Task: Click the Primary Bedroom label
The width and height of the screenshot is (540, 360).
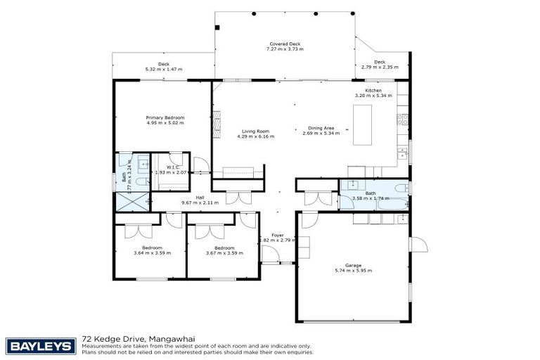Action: pyautogui.click(x=165, y=117)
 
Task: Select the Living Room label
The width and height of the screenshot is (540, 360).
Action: pyautogui.click(x=256, y=131)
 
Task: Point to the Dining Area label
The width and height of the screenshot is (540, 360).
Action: pyautogui.click(x=319, y=129)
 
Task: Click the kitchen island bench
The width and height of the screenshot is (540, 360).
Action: pyautogui.click(x=364, y=124)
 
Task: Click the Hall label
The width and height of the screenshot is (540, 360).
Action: pyautogui.click(x=200, y=198)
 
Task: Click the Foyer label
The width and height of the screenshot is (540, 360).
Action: pyautogui.click(x=277, y=236)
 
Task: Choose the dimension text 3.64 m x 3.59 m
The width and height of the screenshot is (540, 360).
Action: pyautogui.click(x=152, y=253)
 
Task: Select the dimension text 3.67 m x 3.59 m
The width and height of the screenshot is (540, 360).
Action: pyautogui.click(x=224, y=253)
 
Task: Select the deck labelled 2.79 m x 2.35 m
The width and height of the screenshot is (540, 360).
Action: pyautogui.click(x=380, y=65)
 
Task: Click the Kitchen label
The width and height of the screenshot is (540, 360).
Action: pyautogui.click(x=373, y=91)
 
